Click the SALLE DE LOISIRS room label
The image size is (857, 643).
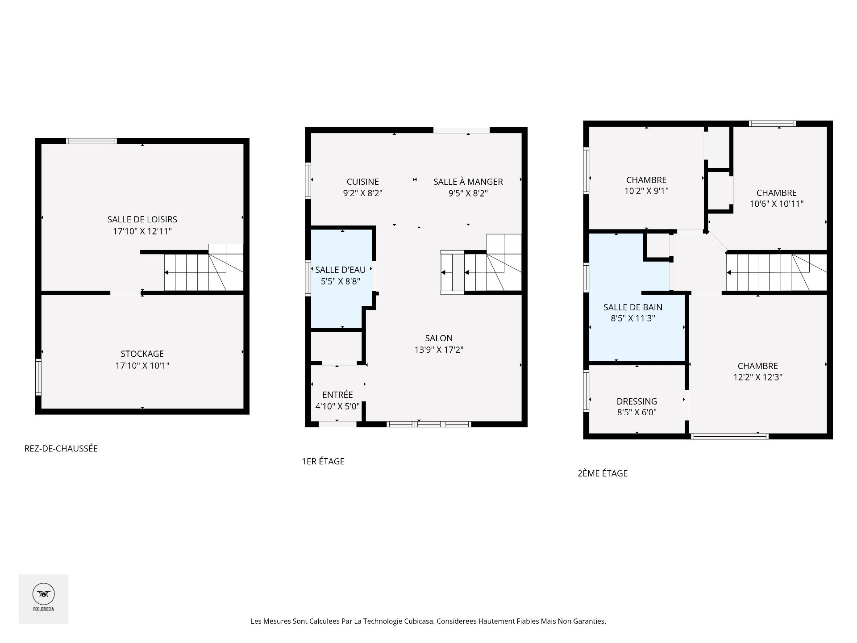(142, 219)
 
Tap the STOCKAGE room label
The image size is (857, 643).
(142, 354)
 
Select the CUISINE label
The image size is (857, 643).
(363, 182)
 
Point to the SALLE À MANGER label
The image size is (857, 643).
(468, 182)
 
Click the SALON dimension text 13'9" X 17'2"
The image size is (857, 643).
(439, 350)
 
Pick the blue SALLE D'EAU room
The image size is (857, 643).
(341, 279)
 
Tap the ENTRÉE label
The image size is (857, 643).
(337, 395)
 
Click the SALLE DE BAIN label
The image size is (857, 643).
(633, 307)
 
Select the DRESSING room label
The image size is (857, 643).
(637, 401)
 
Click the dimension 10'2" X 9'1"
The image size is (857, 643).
(646, 191)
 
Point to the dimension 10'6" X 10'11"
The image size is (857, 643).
(777, 204)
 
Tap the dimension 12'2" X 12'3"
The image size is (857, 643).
(758, 377)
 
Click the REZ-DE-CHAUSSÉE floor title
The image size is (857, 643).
(61, 448)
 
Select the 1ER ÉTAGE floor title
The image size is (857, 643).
(323, 461)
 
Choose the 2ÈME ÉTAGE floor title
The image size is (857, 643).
(603, 473)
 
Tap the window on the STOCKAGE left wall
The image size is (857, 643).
(38, 377)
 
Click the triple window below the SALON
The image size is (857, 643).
(428, 424)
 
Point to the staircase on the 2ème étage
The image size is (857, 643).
(776, 272)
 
